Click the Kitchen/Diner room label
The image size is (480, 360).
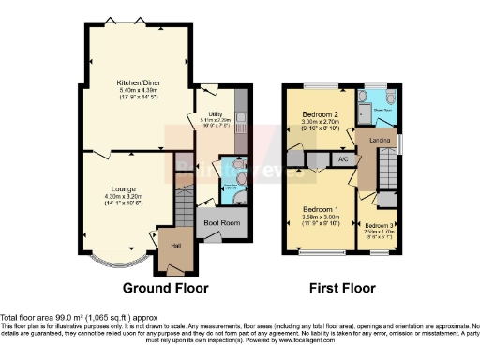(x=136, y=82)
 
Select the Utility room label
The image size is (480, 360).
(x=215, y=112)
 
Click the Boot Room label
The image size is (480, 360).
(x=221, y=222)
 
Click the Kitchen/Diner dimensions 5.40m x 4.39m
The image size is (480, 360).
(x=136, y=90)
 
